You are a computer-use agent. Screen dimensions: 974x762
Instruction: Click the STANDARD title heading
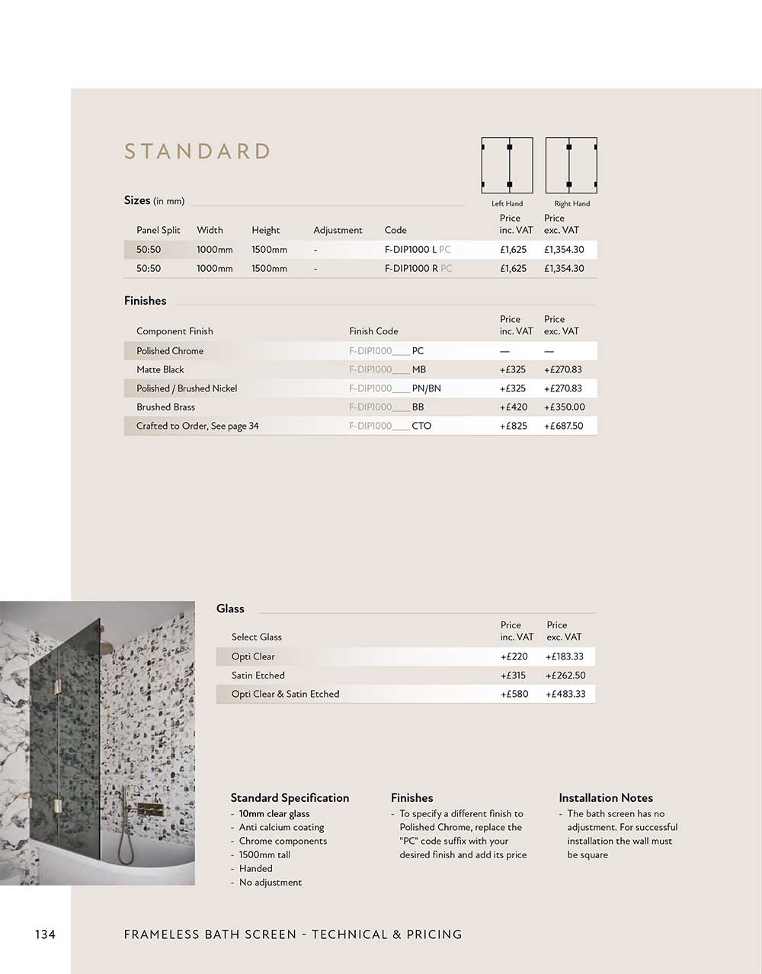[x=197, y=152]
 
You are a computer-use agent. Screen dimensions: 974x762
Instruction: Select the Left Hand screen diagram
[x=507, y=166]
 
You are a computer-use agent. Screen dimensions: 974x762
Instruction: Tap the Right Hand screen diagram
[x=571, y=166]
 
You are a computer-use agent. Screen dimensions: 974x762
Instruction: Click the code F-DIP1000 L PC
[x=418, y=250]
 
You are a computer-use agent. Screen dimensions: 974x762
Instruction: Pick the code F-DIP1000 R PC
[x=418, y=269]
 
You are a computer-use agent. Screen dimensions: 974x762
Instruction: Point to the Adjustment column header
[x=338, y=230]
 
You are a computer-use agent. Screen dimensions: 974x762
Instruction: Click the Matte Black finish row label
[x=160, y=370]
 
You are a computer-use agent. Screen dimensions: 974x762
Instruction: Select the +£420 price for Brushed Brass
[x=513, y=407]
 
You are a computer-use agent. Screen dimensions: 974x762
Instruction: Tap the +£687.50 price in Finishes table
[x=563, y=426]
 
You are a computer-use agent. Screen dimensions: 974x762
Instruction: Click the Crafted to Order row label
[x=197, y=426]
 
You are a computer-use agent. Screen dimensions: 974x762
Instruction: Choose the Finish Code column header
[x=373, y=331]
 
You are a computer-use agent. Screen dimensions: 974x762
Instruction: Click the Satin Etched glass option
[x=258, y=675]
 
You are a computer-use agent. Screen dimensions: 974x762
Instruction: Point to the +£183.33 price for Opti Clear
[x=564, y=657]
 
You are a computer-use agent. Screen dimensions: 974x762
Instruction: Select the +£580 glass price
[x=514, y=695]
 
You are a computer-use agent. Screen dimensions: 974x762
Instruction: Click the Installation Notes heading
[x=606, y=798]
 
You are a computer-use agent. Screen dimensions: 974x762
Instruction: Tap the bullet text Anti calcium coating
[x=281, y=828]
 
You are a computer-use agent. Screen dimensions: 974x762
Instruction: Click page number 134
[x=45, y=934]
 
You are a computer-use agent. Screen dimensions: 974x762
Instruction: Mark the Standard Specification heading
[x=290, y=798]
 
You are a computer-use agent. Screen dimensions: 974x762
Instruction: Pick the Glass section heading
[x=230, y=609]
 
